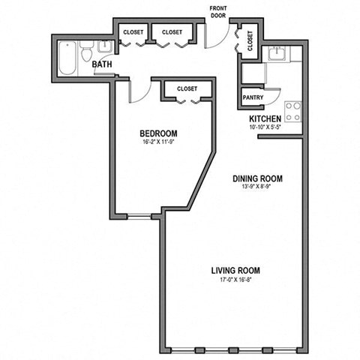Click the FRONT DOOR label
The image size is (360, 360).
pos(220,11)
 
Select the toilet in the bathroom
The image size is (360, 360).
pos(88,52)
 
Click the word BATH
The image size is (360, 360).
pos(103,65)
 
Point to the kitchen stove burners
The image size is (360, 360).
pos(293,112)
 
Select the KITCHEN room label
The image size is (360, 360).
pos(265,119)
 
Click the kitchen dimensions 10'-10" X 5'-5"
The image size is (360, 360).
pos(265,128)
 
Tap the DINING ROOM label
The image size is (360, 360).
pos(256,178)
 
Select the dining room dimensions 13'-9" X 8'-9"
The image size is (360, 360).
pos(256,187)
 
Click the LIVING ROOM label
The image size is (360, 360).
pos(235,271)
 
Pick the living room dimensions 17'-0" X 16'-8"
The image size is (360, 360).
pos(235,280)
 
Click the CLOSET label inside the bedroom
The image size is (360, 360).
pos(187,88)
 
